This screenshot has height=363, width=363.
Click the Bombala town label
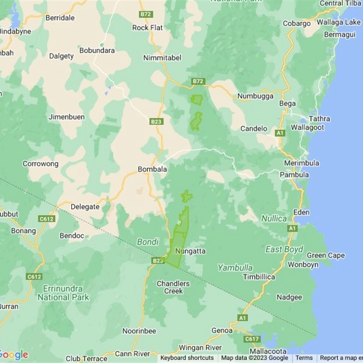point(152,169)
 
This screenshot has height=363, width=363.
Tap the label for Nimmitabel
point(162,58)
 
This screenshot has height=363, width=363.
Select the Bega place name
point(287,103)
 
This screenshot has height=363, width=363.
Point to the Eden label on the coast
point(301,212)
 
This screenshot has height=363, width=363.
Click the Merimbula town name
point(301,163)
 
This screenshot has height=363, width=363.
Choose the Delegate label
point(85,207)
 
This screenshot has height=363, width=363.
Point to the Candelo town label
point(254,129)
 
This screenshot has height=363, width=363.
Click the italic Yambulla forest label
point(235,268)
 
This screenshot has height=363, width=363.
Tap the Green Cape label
point(325,255)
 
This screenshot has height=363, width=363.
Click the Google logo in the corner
point(14,355)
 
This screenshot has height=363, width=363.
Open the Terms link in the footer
point(304,358)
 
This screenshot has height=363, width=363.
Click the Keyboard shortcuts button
point(186,358)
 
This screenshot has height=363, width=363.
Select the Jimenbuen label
point(66,117)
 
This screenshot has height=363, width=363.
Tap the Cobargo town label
point(296,24)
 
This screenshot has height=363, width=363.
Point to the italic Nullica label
point(274,219)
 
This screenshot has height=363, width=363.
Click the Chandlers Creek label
point(173,287)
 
